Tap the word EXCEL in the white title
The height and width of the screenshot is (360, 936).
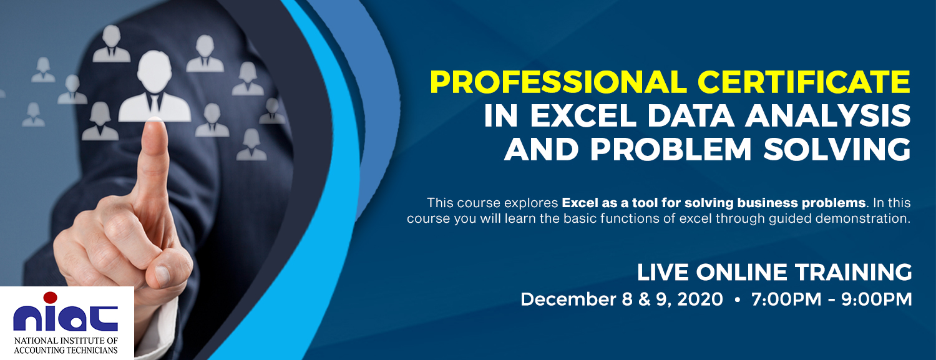pyautogui.click(x=583, y=115)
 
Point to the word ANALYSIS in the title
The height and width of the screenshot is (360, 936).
pyautogui.click(x=828, y=115)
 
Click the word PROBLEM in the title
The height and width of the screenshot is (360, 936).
pyautogui.click(x=671, y=149)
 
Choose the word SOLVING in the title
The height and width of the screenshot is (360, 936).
pyautogui.click(x=837, y=149)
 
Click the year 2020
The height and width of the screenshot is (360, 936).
pyautogui.click(x=700, y=299)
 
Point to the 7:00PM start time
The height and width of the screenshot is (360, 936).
pyautogui.click(x=786, y=299)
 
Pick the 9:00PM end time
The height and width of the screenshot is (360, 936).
pyautogui.click(x=877, y=299)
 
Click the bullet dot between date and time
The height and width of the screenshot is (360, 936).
pyautogui.click(x=737, y=299)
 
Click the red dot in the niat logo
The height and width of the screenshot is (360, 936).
pyautogui.click(x=50, y=298)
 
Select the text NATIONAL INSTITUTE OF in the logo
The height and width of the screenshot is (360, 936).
pyautogui.click(x=66, y=341)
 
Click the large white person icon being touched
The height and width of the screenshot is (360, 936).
pyautogui.click(x=155, y=87)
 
